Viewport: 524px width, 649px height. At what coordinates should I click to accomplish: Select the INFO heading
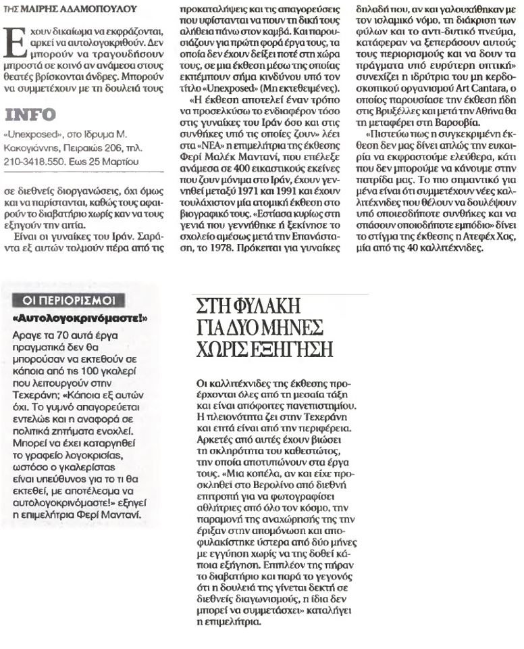click(30, 114)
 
